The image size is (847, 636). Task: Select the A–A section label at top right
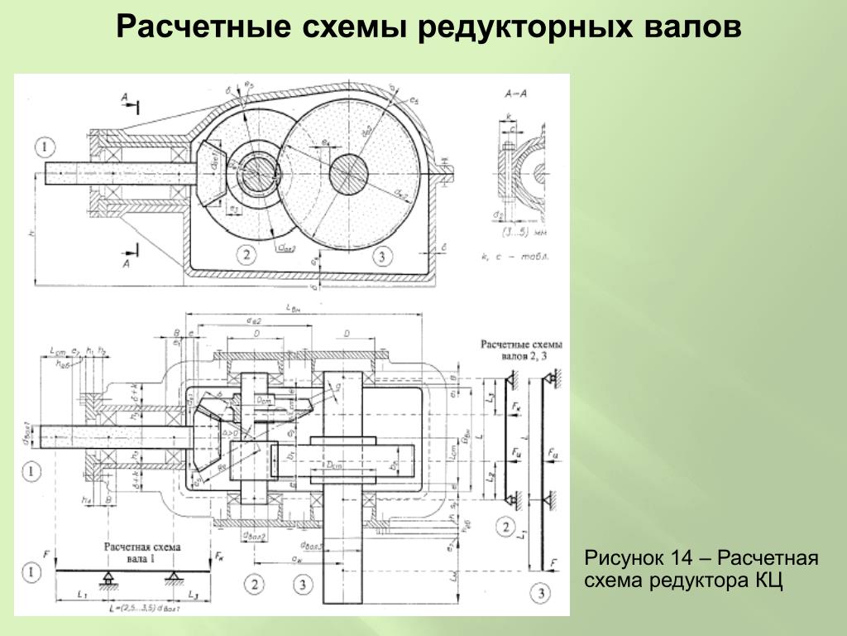513,94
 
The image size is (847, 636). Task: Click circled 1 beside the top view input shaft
45,147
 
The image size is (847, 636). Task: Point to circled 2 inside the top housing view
245,255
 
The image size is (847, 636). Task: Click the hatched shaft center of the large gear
348,175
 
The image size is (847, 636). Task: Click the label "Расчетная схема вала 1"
141,552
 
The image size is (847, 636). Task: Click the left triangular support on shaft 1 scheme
108,576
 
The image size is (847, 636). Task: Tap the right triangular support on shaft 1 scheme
173,576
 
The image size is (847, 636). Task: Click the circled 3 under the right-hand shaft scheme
539,593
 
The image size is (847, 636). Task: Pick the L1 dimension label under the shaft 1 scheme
80,595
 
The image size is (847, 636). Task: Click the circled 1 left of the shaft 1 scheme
31,571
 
